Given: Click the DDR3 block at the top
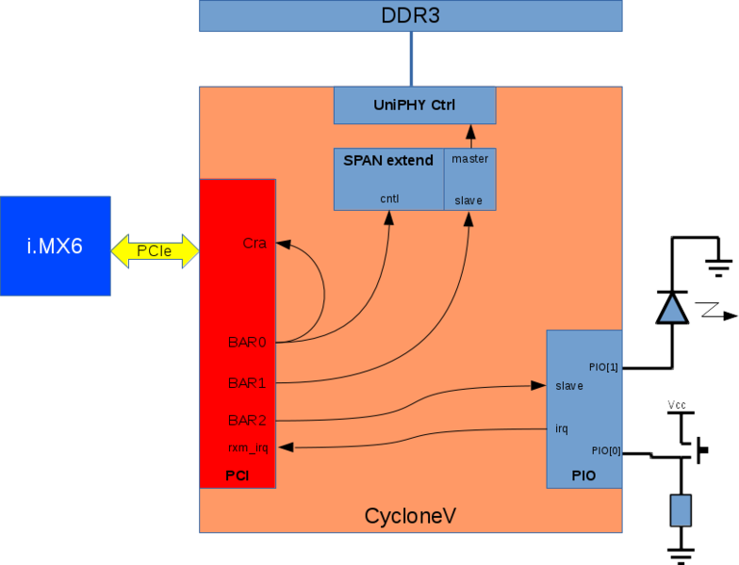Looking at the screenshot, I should [x=410, y=16].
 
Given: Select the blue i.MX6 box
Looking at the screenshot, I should [x=56, y=246].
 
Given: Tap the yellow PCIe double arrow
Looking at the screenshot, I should [x=155, y=250].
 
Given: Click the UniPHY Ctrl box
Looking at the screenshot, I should [x=414, y=105].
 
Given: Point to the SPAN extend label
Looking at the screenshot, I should [x=388, y=160].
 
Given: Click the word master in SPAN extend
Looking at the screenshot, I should [x=469, y=158].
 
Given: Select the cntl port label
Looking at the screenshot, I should [x=390, y=199].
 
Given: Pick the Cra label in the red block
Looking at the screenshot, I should [x=255, y=243].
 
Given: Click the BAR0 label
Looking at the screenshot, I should [x=247, y=342].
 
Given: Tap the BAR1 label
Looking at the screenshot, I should [x=247, y=383].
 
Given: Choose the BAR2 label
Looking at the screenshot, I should [x=247, y=420].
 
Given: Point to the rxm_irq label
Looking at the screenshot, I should [x=248, y=448].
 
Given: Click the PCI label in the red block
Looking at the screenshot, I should [x=237, y=476].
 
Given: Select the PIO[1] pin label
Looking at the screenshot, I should [x=602, y=367].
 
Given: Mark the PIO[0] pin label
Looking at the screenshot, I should [x=605, y=450].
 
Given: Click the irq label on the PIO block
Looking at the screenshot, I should [x=562, y=428].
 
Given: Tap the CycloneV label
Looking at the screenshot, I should [x=411, y=516].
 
